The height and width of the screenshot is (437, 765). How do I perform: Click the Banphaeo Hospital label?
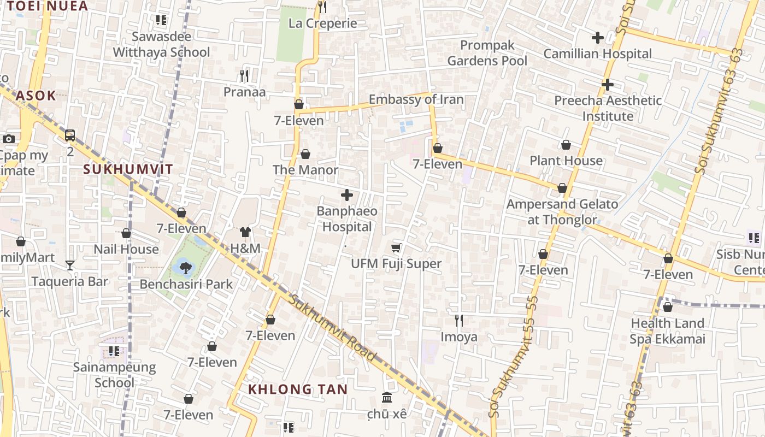coord(347,218)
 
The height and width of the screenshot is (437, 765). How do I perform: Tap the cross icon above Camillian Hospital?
coord(598,38)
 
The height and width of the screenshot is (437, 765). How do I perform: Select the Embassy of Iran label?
coord(416,99)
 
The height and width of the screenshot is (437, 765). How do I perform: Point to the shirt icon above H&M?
coord(245,233)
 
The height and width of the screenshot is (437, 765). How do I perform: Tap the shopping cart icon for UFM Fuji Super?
coord(396,248)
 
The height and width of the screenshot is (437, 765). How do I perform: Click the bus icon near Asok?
coord(70,135)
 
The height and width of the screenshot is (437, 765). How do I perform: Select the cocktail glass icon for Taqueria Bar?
coord(70,265)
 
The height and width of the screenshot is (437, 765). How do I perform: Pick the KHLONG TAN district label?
coord(298,389)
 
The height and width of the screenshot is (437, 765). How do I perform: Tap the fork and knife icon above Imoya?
coord(459,320)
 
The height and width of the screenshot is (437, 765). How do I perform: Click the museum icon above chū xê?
coord(387,397)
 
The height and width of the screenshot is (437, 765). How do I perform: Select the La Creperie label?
coord(322,23)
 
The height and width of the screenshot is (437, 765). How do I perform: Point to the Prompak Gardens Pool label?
coord(487,53)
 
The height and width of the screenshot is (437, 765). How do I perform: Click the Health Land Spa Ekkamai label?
coord(667,331)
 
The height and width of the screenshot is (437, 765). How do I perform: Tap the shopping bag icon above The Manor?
coord(305,154)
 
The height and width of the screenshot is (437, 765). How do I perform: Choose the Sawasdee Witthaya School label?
coord(161,44)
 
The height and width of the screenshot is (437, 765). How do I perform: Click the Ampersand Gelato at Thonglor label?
coord(562,212)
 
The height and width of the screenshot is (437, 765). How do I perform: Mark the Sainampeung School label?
coord(115,375)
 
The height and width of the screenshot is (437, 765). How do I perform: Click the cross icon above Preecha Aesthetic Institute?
coord(607,85)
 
